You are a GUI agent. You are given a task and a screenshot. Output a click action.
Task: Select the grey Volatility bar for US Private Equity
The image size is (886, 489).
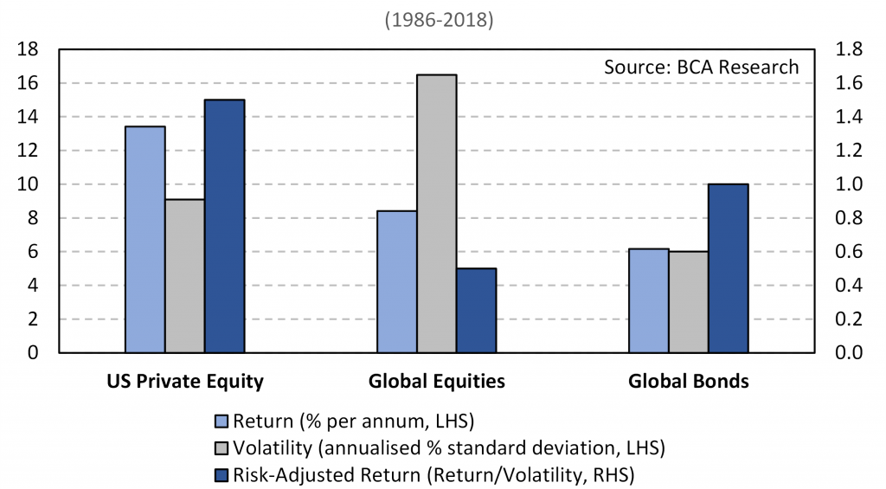click(x=185, y=276)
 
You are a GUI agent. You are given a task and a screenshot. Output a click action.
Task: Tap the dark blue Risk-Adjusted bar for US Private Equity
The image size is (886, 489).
click(x=225, y=226)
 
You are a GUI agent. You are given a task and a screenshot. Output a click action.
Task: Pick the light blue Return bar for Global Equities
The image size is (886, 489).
click(x=397, y=281)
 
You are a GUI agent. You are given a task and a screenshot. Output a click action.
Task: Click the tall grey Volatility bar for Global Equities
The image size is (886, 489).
click(x=437, y=214)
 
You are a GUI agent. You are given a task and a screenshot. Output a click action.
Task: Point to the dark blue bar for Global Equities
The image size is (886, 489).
click(x=477, y=311)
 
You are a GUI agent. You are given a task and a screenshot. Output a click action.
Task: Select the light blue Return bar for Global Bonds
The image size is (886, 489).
click(x=649, y=300)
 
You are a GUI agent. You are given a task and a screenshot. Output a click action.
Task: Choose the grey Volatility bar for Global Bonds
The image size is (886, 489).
click(x=689, y=302)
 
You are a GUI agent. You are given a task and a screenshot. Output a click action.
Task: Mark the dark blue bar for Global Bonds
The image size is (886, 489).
click(x=729, y=268)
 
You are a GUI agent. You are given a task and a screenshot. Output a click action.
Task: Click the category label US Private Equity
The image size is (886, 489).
click(x=185, y=381)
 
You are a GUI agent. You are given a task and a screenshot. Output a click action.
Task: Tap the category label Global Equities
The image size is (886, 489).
click(x=437, y=381)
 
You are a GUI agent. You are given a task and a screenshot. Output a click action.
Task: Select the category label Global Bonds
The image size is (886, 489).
click(x=689, y=381)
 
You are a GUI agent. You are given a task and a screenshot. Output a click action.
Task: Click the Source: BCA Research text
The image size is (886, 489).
click(x=702, y=67)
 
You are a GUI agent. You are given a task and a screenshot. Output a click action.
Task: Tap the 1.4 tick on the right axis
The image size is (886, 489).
click(x=845, y=117)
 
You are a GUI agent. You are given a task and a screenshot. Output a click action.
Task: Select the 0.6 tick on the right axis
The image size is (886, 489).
click(x=845, y=252)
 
